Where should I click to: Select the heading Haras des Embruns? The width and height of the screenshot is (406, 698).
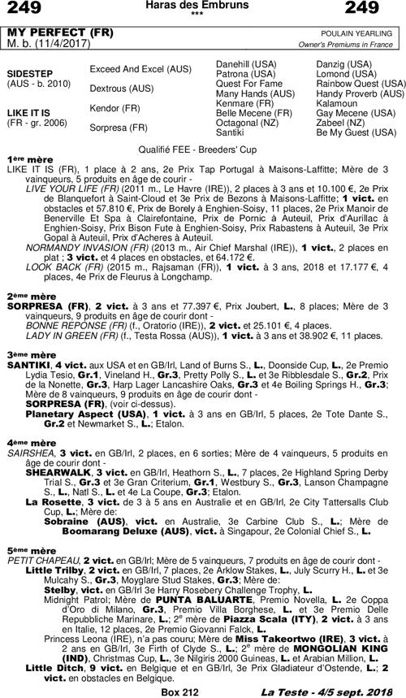[202, 6]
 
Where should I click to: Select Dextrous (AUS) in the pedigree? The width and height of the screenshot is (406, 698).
[121, 88]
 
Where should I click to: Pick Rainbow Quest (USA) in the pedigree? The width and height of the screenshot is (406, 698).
[361, 83]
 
